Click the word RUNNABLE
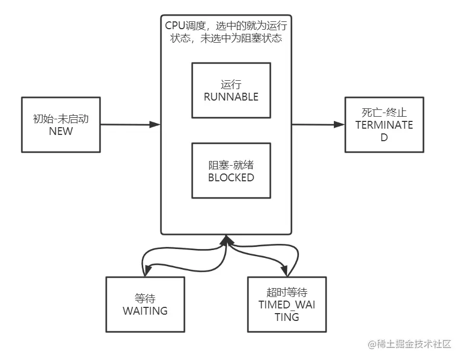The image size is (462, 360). click(x=231, y=96)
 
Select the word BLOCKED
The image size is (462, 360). click(x=231, y=177)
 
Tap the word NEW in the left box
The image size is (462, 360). click(x=61, y=131)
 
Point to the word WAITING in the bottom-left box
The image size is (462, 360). click(x=145, y=311)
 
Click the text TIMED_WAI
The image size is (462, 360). click(x=286, y=305)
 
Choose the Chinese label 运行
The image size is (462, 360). click(x=231, y=84)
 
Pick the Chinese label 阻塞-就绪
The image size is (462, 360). click(x=231, y=165)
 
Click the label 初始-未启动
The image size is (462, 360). click(x=61, y=119)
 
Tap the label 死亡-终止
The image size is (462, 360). click(x=384, y=113)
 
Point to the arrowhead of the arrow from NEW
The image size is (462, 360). click(x=155, y=125)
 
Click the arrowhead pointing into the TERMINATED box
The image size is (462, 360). click(x=340, y=125)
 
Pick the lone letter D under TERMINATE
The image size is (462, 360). click(x=384, y=138)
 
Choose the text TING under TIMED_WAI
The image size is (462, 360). click(x=286, y=317)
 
